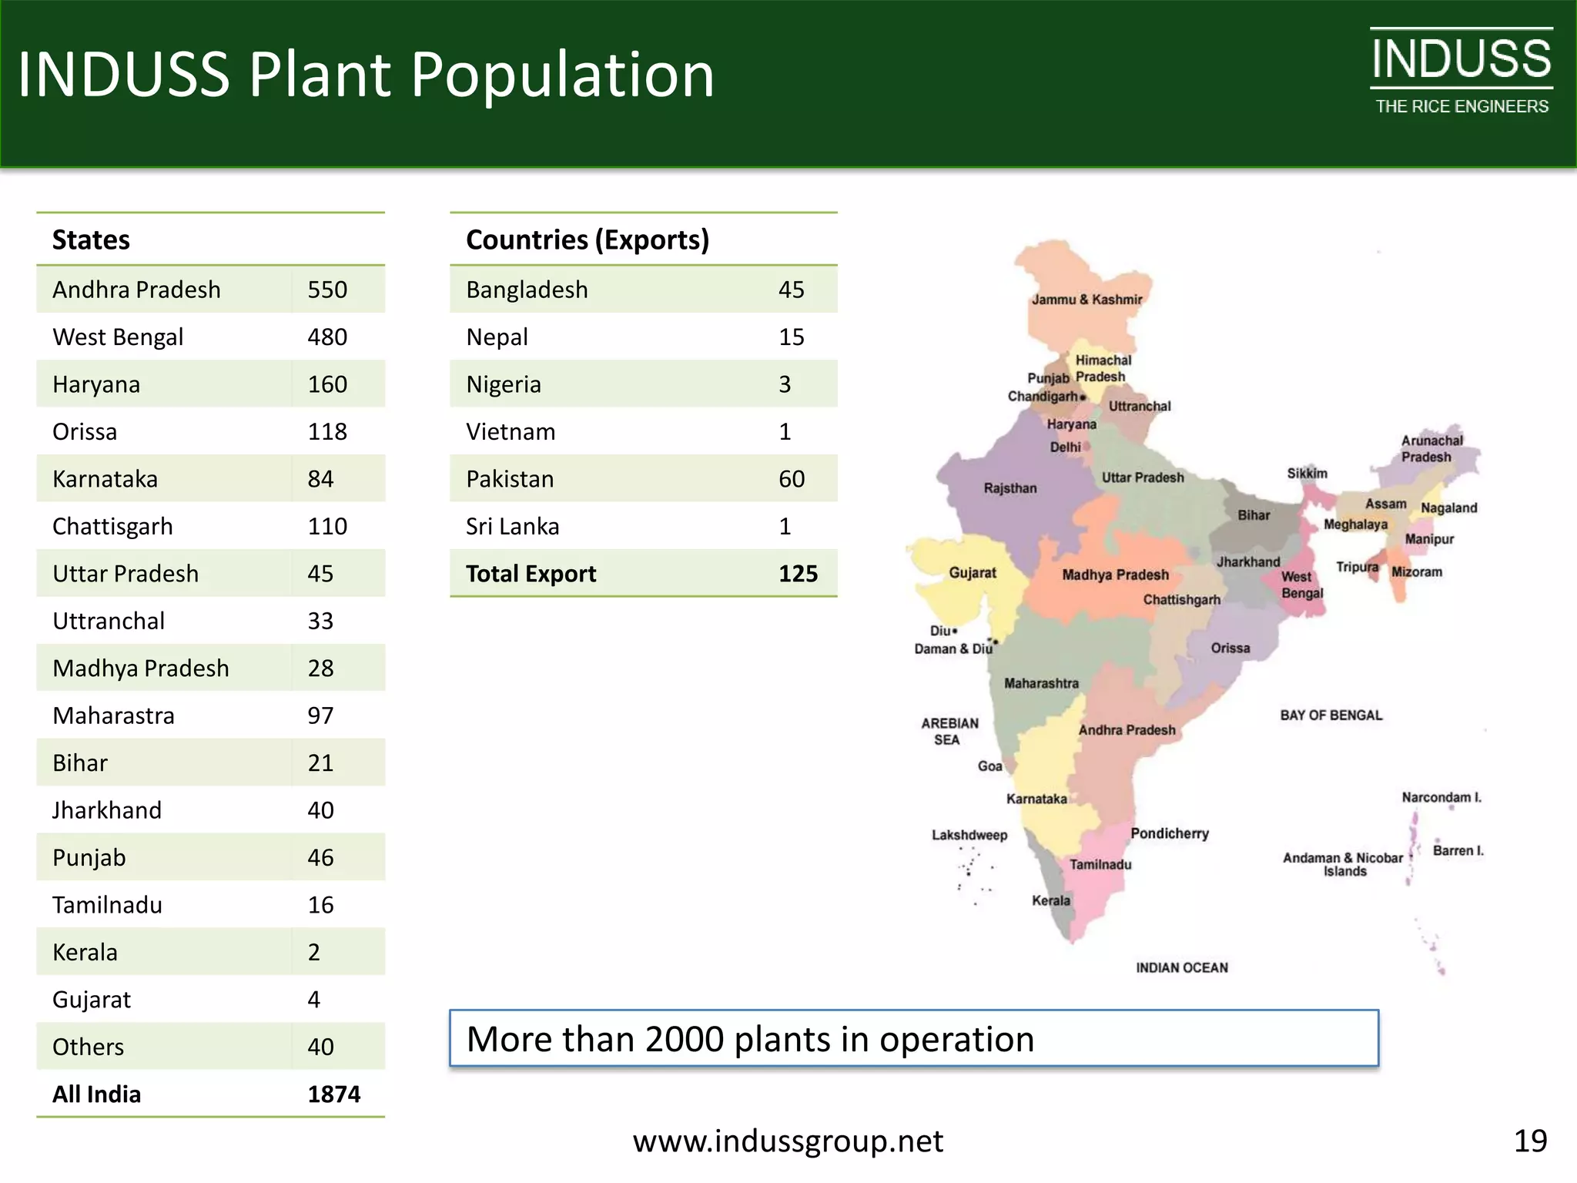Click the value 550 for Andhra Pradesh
(327, 290)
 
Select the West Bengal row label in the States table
(118, 337)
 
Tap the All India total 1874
(333, 1094)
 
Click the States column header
(91, 240)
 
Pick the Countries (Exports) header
(587, 240)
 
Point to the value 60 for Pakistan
(791, 479)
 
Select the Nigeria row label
(503, 384)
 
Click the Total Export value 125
(798, 574)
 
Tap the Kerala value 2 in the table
(313, 953)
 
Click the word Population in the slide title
(562, 75)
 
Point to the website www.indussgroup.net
(788, 1141)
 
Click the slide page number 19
(1530, 1141)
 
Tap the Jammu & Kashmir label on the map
(1086, 300)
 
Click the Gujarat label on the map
(972, 573)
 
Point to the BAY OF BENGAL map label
(1331, 715)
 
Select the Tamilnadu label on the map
(1100, 865)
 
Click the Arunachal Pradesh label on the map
(1431, 449)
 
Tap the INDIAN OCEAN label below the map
(1181, 968)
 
